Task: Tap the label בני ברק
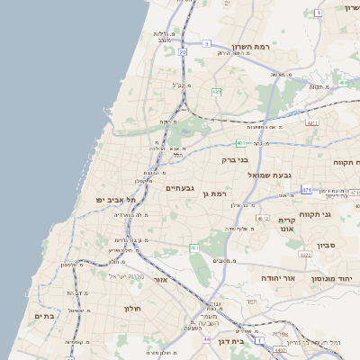(234, 159)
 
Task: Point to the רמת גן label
(220, 193)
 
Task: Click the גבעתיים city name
(180, 188)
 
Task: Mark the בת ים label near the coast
(44, 316)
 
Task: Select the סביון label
(325, 244)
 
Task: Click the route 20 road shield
(183, 52)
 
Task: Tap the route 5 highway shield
(206, 42)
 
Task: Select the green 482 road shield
(216, 92)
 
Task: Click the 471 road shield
(306, 190)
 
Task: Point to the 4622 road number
(305, 255)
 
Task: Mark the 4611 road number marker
(312, 122)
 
